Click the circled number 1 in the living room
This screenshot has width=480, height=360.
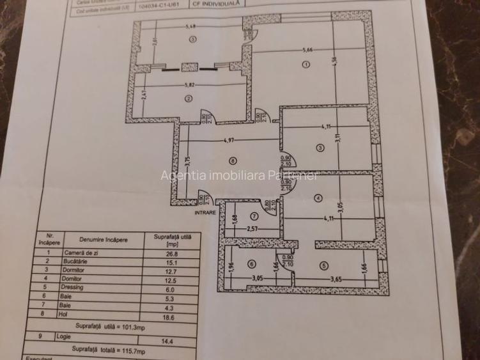(x=306, y=64)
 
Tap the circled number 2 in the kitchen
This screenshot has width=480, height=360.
(x=189, y=98)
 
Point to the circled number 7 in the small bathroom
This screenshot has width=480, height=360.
(x=253, y=216)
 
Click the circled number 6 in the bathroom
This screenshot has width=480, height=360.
(x=252, y=263)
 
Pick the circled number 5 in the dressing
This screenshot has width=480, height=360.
(x=325, y=266)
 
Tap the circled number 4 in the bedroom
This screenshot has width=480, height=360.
(x=318, y=199)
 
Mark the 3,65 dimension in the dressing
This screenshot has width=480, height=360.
(x=337, y=278)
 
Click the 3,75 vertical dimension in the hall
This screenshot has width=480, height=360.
(x=171, y=164)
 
